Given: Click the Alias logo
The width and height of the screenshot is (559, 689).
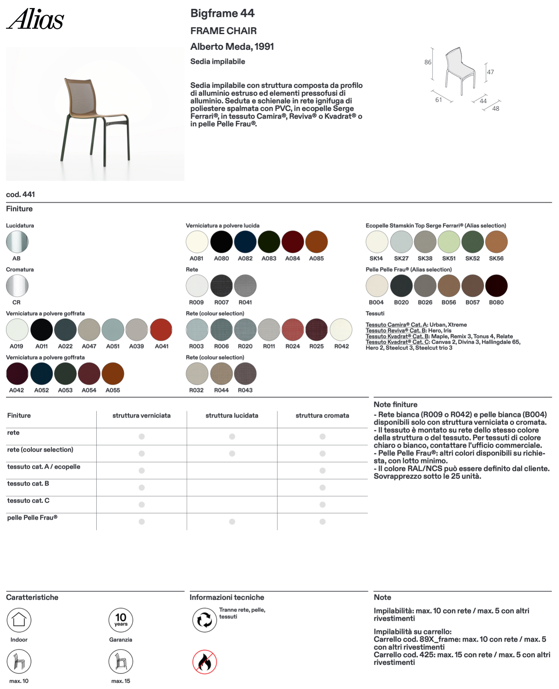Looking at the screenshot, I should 35,19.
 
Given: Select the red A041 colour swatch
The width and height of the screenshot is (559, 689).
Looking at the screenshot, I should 161,330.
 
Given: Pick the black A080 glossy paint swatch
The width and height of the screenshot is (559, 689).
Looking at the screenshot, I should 221,242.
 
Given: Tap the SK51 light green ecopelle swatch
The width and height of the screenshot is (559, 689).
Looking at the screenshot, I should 449,242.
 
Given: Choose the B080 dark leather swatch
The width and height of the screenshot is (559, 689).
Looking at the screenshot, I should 496,286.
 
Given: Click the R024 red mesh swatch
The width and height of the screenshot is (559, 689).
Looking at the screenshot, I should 293,330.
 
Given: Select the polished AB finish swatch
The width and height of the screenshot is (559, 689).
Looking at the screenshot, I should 17,242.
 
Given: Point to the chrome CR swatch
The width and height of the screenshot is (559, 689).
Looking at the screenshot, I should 17,286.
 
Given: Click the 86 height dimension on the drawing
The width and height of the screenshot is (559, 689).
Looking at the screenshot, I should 428,62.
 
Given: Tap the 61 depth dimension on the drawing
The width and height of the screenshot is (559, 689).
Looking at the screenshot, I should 439,100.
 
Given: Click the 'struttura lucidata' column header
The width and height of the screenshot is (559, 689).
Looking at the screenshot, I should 232,415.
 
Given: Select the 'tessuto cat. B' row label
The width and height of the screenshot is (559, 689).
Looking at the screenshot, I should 28,484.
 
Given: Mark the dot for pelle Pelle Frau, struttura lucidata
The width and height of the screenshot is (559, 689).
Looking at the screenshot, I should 232,522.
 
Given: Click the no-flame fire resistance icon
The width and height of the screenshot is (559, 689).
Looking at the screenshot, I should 205,662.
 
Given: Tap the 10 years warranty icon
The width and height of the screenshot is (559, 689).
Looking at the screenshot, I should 121,620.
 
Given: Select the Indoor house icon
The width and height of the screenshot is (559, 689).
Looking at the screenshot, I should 19,620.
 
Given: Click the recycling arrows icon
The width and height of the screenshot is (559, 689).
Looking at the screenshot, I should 205,620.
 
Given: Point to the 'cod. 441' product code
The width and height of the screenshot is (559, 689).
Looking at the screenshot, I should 20,195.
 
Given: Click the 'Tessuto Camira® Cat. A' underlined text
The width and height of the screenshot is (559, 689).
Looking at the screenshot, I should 397,325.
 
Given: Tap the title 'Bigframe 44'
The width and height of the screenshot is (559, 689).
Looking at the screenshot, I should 222,13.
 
